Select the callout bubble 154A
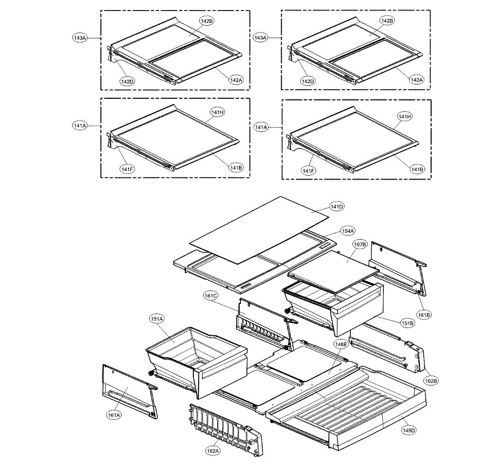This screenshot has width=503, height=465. (x=347, y=231)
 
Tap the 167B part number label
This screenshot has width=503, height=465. (x=360, y=244)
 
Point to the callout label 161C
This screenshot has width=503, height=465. (x=211, y=296)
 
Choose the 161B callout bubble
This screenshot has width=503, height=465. (x=424, y=315)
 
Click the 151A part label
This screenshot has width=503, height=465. (x=156, y=319)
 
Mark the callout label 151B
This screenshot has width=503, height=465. (x=407, y=323)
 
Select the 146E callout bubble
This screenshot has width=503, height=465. (x=341, y=344)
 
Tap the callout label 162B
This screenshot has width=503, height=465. (x=431, y=381)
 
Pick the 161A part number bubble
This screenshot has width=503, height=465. (x=114, y=415)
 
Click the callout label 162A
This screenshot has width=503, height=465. (x=213, y=451)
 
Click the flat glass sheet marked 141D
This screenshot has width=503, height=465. (x=260, y=230)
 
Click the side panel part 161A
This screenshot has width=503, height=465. (x=126, y=390)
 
